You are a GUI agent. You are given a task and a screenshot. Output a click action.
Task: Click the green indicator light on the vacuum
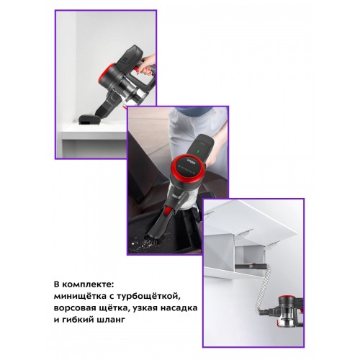[x=198, y=152]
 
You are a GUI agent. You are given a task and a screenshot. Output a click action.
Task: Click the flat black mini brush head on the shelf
[x=89, y=120]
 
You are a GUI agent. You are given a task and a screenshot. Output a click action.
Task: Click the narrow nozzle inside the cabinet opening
[x=251, y=266]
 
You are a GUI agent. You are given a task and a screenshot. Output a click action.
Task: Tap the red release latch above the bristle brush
[x=168, y=212]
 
